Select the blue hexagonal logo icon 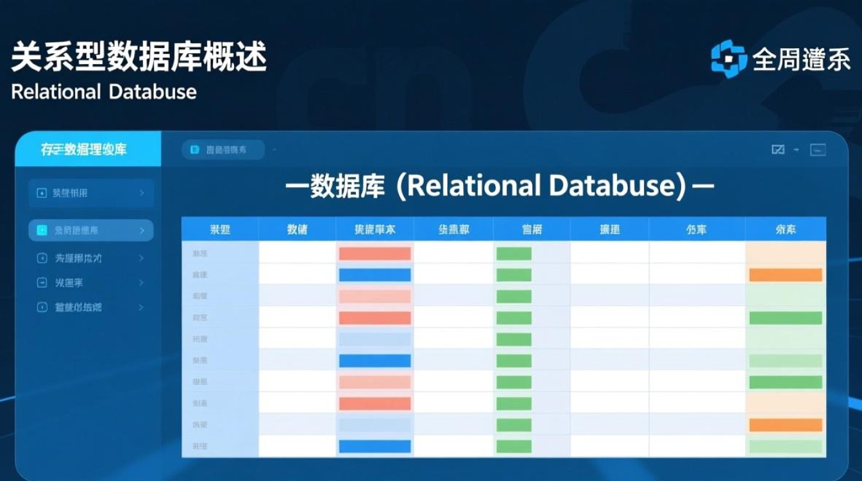tap(729, 59)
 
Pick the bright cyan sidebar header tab tap(87, 149)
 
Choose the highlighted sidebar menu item tap(90, 230)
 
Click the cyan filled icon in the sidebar tap(42, 230)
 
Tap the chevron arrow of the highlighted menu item tap(142, 230)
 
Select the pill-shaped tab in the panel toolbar tap(223, 150)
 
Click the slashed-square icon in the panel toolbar tap(778, 150)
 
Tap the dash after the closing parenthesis tap(704, 187)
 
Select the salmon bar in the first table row tap(375, 253)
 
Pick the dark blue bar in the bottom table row tap(375, 447)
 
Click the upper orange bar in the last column tap(785, 275)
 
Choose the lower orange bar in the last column tap(785, 425)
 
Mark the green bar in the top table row tap(514, 253)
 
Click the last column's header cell tap(785, 229)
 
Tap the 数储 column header tap(297, 229)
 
